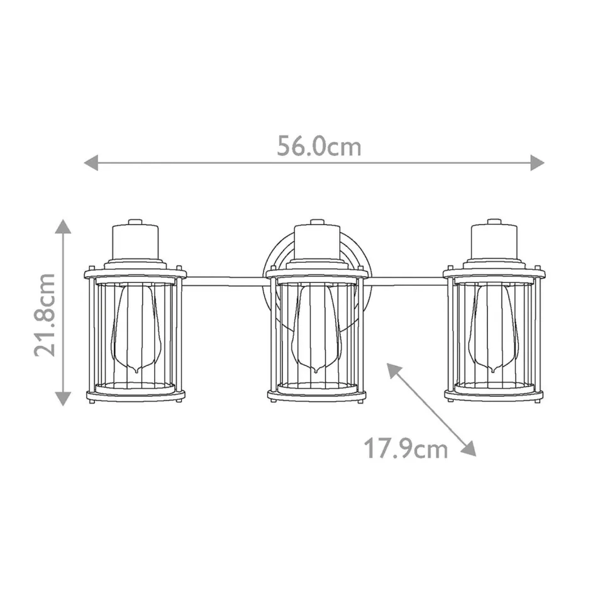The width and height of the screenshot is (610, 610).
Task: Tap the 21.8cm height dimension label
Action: point(46,314)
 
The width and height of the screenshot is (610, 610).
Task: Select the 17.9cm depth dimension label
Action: point(406,449)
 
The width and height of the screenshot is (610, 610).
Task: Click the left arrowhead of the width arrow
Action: point(91,162)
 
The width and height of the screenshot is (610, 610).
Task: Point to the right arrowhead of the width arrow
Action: point(537,162)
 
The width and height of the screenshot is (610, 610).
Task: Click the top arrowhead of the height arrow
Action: point(62,226)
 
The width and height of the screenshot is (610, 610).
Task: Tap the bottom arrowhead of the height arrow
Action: point(62,398)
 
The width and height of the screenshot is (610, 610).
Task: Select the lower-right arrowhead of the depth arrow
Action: point(469,448)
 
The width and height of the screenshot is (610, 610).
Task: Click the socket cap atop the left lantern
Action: point(135,239)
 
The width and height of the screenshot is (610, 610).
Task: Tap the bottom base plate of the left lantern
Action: point(135,396)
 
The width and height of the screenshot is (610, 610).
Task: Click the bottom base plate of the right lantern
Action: point(494,396)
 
